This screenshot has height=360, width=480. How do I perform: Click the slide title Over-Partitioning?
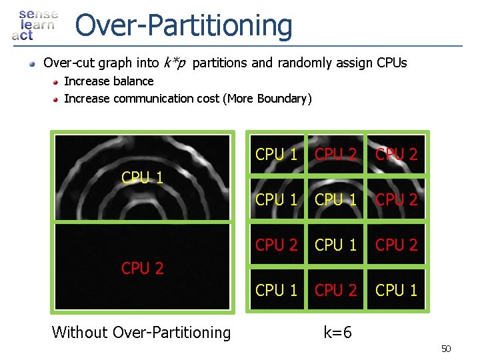coord(183,25)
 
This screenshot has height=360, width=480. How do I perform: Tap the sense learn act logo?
coord(35,25)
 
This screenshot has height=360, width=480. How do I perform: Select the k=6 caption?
coord(338,332)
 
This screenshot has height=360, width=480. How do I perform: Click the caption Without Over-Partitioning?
coord(141,332)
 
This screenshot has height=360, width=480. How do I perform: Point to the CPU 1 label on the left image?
coord(143,177)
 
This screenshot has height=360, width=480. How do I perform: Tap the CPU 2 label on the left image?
coord(143,268)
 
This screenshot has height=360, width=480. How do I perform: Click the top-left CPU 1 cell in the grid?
coord(277,154)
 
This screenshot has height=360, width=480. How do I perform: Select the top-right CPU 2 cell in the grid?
coord(396,154)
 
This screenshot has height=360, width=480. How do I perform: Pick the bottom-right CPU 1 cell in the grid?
coord(396,290)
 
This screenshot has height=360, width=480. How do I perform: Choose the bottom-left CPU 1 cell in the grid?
coord(277,290)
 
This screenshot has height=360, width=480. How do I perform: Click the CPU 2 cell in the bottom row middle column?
coord(336,290)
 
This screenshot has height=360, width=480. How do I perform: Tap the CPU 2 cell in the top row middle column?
coord(336,154)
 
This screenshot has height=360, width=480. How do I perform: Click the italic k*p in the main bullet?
coord(174,63)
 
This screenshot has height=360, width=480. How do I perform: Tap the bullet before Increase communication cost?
coord(56,99)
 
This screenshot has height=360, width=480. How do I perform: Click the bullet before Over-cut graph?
coord(31,64)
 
